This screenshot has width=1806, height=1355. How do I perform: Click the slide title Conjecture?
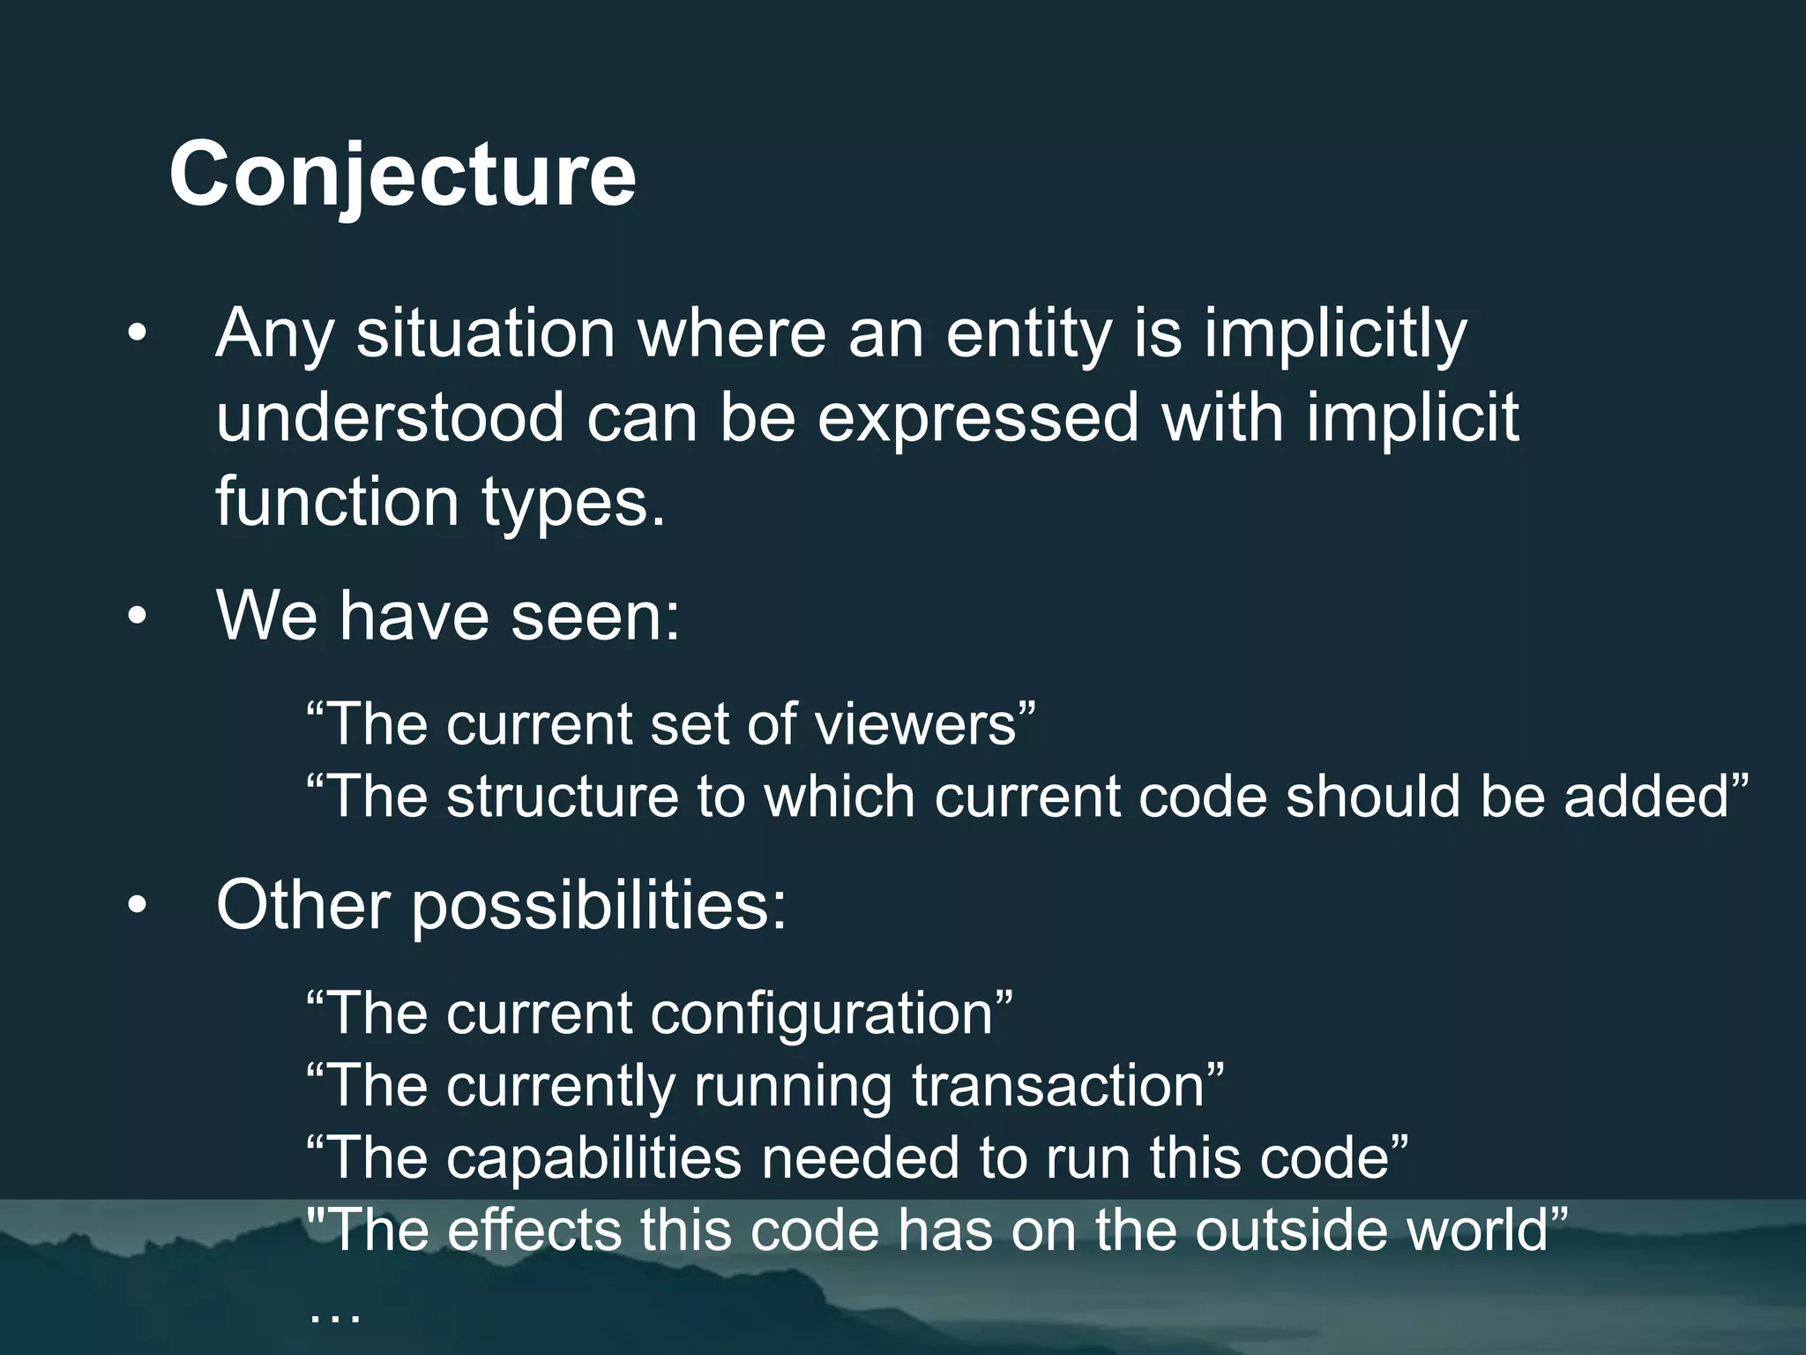[x=402, y=175]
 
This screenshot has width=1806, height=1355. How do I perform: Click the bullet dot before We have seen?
[x=137, y=618]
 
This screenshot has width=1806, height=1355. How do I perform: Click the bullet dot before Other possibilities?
[x=137, y=906]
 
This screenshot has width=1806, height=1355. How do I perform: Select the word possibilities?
[x=599, y=906]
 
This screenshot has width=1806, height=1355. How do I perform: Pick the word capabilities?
[x=593, y=1157]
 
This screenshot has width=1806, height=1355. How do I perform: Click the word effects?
[x=534, y=1230]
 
